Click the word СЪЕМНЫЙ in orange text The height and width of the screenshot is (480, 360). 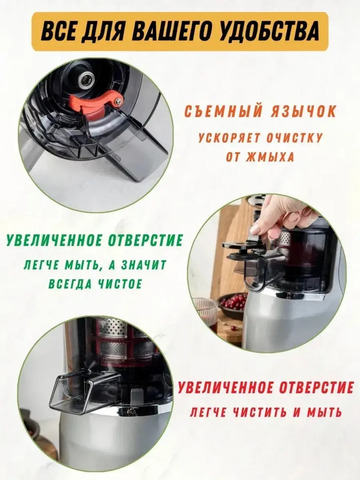click(x=220, y=111)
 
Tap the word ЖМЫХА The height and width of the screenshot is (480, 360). click(x=270, y=157)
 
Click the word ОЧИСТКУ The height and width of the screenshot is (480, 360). click(x=293, y=138)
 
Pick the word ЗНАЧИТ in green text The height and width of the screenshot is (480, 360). click(x=143, y=265)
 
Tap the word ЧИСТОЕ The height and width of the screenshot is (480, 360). click(x=119, y=284)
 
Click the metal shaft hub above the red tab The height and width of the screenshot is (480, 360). click(x=86, y=80)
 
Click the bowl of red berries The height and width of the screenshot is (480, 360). click(x=234, y=303)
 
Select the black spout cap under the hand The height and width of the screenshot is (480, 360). click(x=245, y=252)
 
